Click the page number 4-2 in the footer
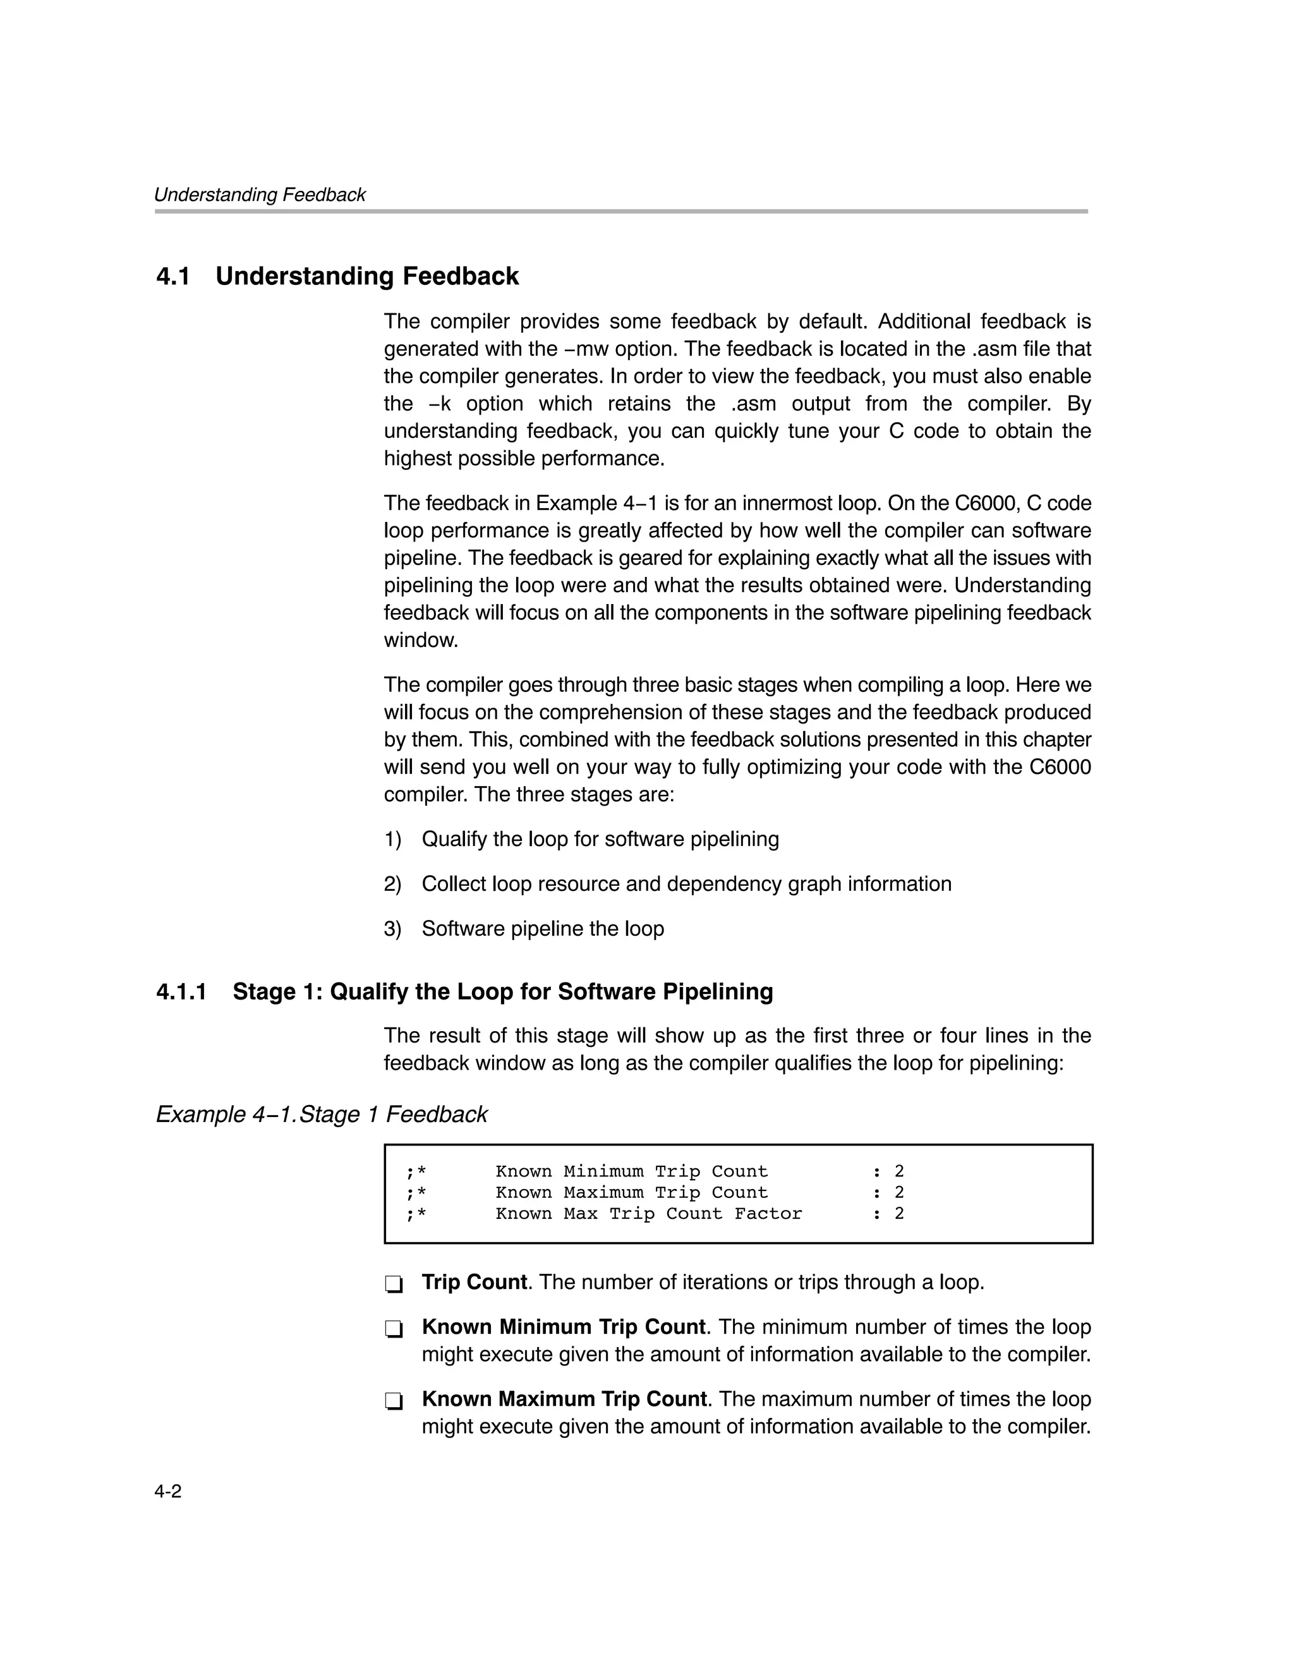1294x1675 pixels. tap(168, 1491)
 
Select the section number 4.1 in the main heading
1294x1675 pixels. tap(173, 276)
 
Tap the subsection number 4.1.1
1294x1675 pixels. tap(181, 991)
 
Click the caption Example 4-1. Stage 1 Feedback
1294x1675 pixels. tap(322, 1113)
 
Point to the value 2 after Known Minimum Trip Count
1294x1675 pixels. tap(899, 1171)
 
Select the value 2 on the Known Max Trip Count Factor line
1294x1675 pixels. tap(899, 1213)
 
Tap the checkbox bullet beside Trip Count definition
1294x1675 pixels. tap(394, 1284)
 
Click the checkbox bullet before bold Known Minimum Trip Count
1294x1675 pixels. tap(394, 1328)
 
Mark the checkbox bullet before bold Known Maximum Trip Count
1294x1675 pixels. tap(394, 1400)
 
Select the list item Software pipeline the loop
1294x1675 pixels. tap(542, 929)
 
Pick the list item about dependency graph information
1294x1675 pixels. tap(686, 883)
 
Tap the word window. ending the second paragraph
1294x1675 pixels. tap(420, 641)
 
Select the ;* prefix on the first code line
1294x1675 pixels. tap(416, 1171)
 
